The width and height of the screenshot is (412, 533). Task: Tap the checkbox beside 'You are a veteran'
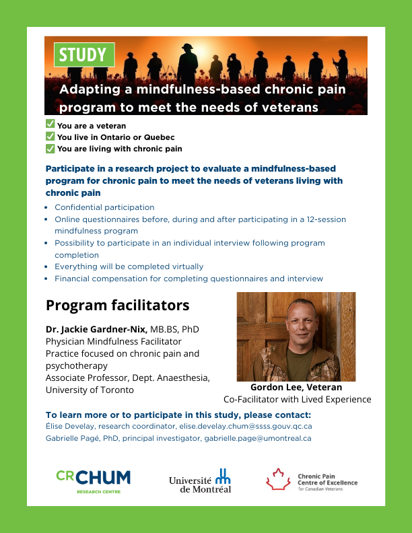tap(50, 125)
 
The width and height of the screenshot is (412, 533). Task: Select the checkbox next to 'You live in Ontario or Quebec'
tap(50, 137)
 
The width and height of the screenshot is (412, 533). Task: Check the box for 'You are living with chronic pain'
tap(50, 148)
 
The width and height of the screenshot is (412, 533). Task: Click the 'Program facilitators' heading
tap(117, 306)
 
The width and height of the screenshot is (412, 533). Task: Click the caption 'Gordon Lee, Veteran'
tap(296, 387)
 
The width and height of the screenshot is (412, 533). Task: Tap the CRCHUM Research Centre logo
tap(93, 480)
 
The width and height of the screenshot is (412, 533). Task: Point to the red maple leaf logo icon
tap(279, 479)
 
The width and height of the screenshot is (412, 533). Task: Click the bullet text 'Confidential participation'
tap(104, 207)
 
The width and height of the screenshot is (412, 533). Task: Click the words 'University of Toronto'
tap(90, 390)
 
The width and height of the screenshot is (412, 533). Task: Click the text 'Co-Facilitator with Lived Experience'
tap(297, 399)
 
